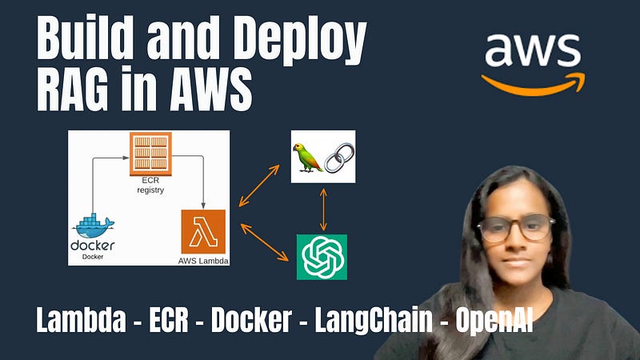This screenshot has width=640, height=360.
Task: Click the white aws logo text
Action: click(x=533, y=52)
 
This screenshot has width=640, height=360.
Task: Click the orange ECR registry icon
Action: click(x=150, y=154)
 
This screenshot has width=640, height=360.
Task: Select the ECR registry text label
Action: click(x=150, y=186)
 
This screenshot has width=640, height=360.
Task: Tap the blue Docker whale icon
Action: click(x=93, y=225)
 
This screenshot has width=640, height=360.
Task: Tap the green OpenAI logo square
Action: click(x=322, y=256)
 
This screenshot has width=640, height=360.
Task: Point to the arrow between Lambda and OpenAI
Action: click(x=264, y=242)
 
